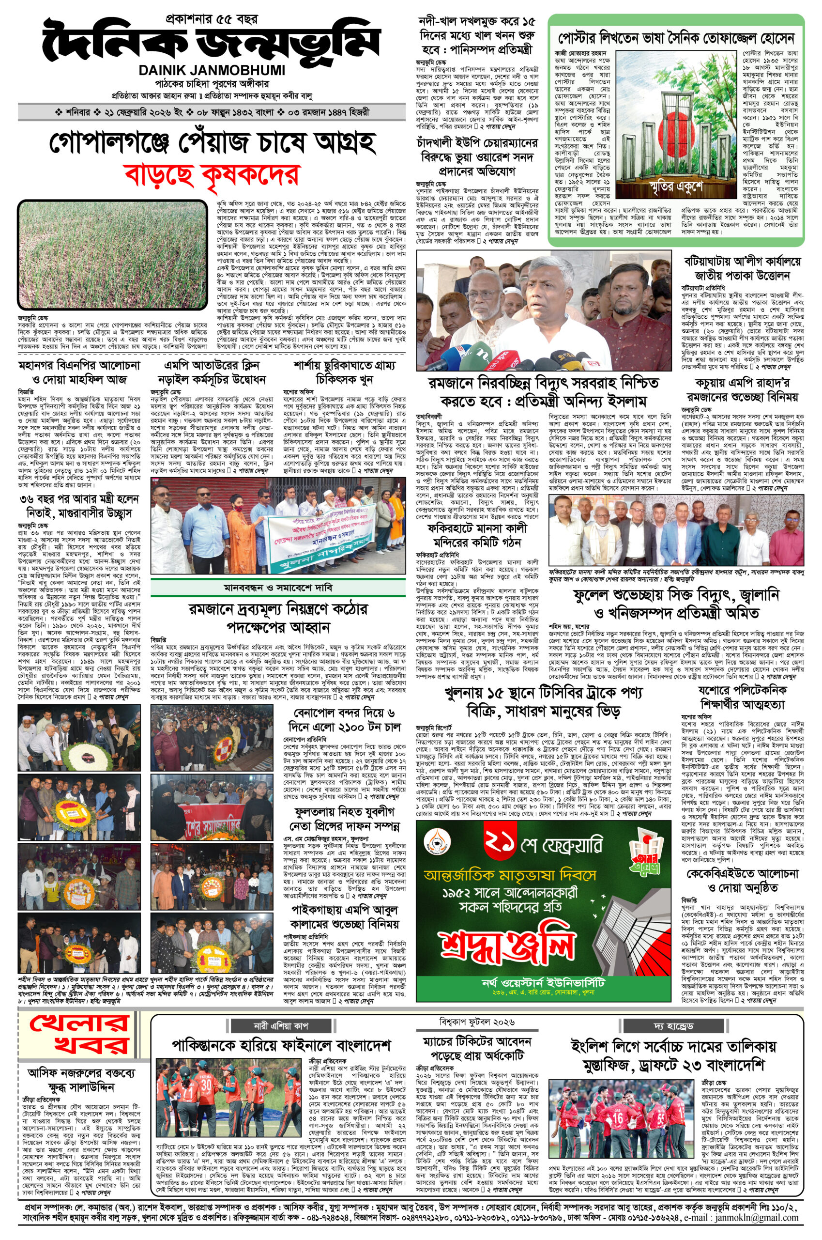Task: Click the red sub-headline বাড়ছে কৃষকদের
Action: coord(211,174)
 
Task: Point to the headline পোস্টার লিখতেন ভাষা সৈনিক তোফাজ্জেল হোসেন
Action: coord(676,38)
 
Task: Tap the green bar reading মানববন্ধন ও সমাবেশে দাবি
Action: coord(277,588)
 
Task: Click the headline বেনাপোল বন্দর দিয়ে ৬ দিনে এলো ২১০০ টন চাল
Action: coord(344,720)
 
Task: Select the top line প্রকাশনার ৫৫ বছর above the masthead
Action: coord(211,19)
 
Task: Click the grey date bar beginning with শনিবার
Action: coord(211,112)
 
